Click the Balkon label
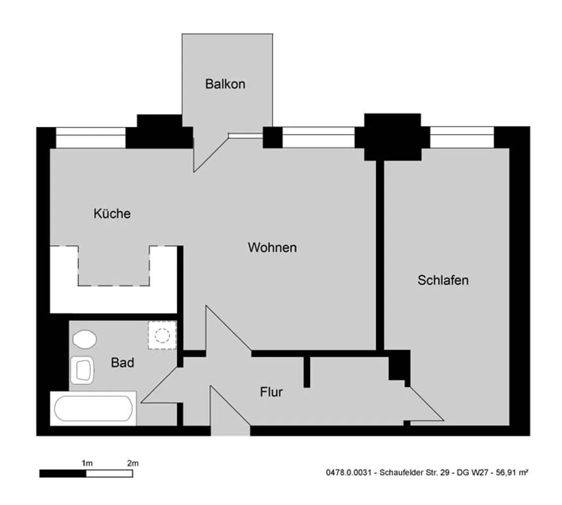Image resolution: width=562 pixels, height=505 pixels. (x=225, y=84)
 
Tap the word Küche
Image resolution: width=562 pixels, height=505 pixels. (x=112, y=213)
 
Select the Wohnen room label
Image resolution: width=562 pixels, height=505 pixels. (x=272, y=247)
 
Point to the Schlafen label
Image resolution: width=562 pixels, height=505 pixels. (x=443, y=280)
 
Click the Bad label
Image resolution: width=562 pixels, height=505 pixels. (x=122, y=363)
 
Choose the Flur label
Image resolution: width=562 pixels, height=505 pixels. (x=271, y=392)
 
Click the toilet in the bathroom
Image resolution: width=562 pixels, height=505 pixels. (x=84, y=339)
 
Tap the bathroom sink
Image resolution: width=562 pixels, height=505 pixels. (x=82, y=370)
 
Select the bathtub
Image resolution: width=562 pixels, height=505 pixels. (x=93, y=408)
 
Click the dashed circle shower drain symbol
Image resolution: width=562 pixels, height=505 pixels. (x=162, y=336)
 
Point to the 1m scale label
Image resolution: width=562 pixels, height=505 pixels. (x=87, y=463)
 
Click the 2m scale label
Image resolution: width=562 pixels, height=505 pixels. (x=133, y=463)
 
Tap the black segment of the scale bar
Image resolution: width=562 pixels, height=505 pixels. (x=63, y=474)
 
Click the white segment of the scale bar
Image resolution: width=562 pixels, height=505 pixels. (x=109, y=474)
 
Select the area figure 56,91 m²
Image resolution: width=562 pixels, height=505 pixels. (x=512, y=472)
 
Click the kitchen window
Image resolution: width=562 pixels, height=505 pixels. (x=91, y=138)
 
